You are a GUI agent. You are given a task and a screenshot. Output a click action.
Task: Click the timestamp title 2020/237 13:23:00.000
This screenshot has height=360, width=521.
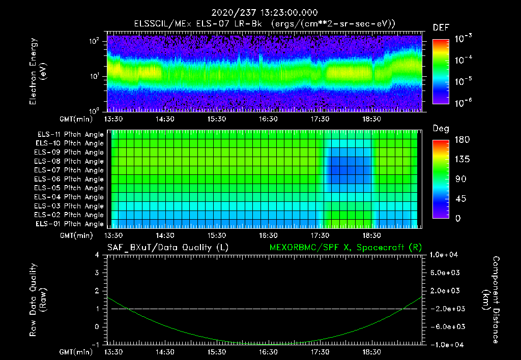(262, 13)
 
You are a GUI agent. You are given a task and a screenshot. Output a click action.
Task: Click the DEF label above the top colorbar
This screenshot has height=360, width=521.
(441, 27)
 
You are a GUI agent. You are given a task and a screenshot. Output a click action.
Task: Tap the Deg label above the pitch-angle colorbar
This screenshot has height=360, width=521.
(441, 129)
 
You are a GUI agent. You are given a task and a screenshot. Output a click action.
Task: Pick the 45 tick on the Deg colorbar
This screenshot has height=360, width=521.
(455, 199)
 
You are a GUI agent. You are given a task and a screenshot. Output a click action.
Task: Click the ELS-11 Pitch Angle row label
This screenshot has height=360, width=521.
(70, 135)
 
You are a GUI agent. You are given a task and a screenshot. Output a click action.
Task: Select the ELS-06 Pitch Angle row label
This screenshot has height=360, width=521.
(70, 179)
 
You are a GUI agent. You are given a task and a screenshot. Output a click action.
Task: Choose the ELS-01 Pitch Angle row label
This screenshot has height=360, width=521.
(70, 224)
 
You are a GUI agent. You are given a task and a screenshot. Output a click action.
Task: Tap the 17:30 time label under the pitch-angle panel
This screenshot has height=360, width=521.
(320, 235)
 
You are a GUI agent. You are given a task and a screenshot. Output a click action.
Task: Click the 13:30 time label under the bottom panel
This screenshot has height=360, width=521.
(113, 352)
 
